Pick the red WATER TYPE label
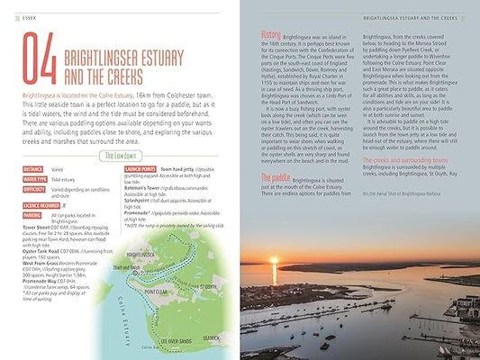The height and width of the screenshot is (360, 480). [x=35, y=179]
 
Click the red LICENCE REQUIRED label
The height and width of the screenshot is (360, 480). [x=44, y=206]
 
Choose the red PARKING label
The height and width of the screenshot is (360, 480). [x=32, y=216]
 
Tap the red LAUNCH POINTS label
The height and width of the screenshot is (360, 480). [x=139, y=168]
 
